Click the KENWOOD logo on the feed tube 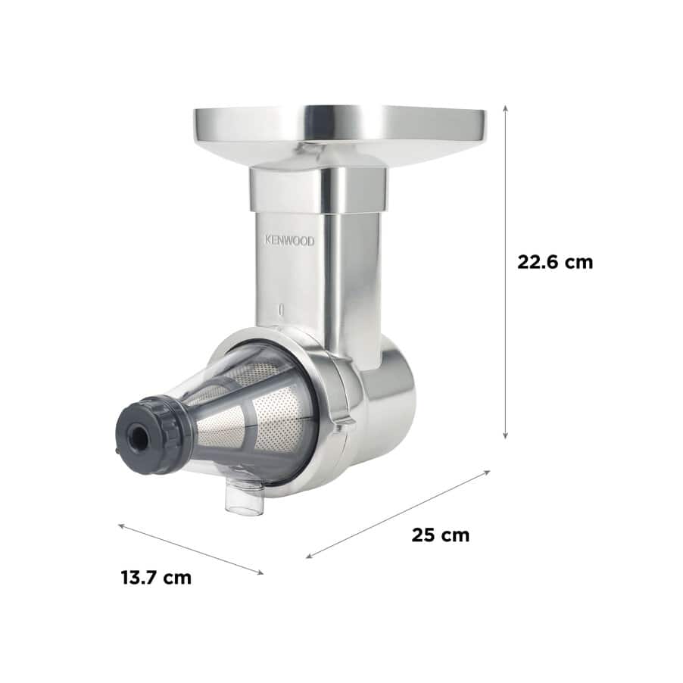point(288,241)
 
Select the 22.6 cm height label point(555,262)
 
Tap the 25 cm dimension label point(440,535)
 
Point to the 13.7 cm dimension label point(156,578)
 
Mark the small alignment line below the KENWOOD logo point(280,310)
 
